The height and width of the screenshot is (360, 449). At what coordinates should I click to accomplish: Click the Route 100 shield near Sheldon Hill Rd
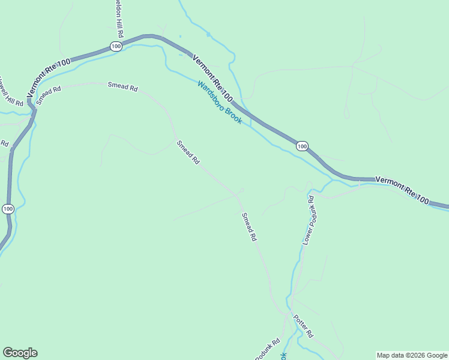pos(116,46)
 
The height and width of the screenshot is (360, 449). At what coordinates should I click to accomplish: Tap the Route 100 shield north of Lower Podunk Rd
pos(302,146)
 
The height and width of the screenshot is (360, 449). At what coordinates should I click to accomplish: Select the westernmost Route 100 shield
pos(7,208)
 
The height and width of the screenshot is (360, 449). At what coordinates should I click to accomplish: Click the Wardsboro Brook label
pos(220,103)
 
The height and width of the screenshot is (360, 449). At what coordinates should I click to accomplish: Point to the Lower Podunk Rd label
pos(309,220)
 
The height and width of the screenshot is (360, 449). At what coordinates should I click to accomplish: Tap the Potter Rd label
pos(303,325)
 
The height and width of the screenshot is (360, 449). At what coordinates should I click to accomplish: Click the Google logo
pos(20,353)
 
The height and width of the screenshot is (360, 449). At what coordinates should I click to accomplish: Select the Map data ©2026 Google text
pos(412,355)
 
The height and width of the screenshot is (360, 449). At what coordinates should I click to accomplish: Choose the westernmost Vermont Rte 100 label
pos(49,77)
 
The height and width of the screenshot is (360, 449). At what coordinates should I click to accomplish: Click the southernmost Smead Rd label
pos(249,227)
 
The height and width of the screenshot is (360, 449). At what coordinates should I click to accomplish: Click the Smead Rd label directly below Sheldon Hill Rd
pos(123,86)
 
